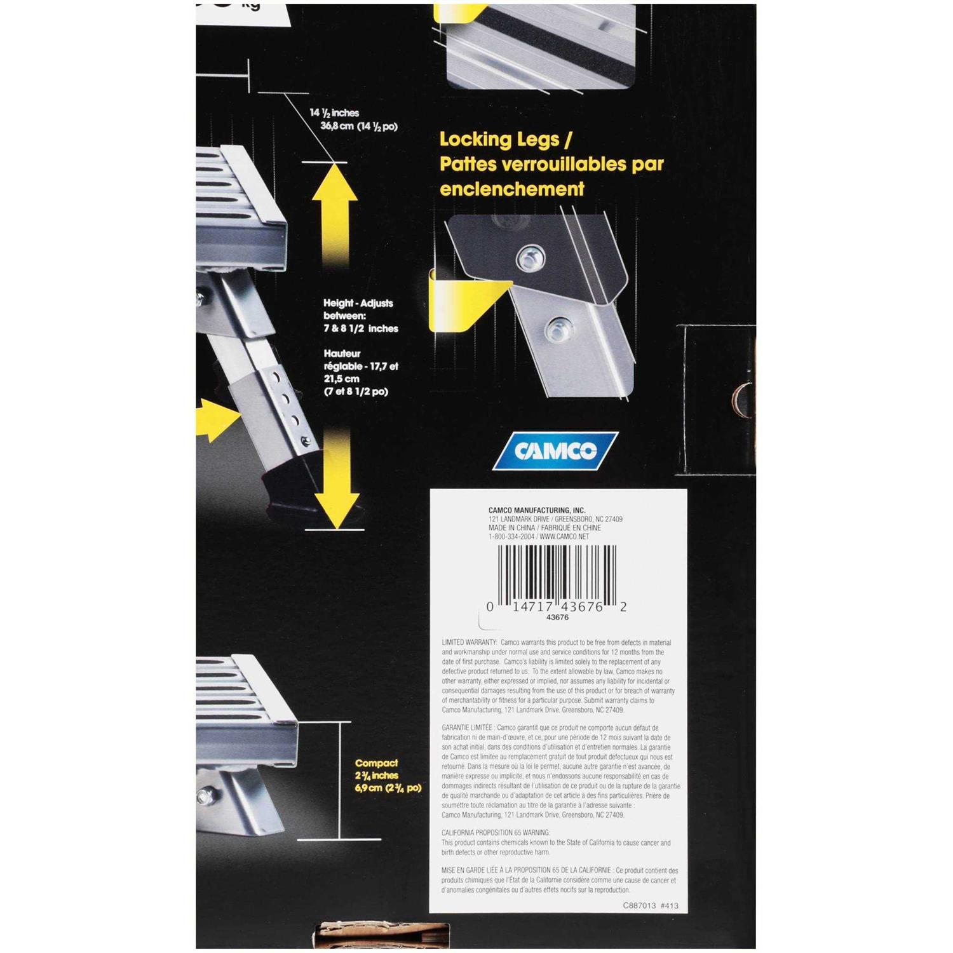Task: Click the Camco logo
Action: pyautogui.click(x=555, y=450)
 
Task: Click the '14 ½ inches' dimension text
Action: pyautogui.click(x=334, y=113)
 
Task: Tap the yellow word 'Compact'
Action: pyautogui.click(x=376, y=763)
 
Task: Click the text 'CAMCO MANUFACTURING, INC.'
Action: pyautogui.click(x=537, y=510)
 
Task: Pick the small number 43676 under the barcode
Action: pyautogui.click(x=557, y=618)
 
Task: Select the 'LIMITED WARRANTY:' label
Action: pyautogui.click(x=470, y=643)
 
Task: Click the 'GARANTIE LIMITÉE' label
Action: pyautogui.click(x=467, y=728)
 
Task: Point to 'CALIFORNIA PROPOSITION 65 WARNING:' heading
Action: pyautogui.click(x=496, y=833)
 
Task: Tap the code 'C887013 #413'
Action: pyautogui.click(x=651, y=906)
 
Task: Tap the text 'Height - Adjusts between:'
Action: pyautogui.click(x=358, y=309)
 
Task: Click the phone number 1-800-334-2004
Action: pyautogui.click(x=511, y=537)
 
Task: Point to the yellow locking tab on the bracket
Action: pyautogui.click(x=464, y=303)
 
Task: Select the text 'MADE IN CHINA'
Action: pyautogui.click(x=511, y=528)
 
